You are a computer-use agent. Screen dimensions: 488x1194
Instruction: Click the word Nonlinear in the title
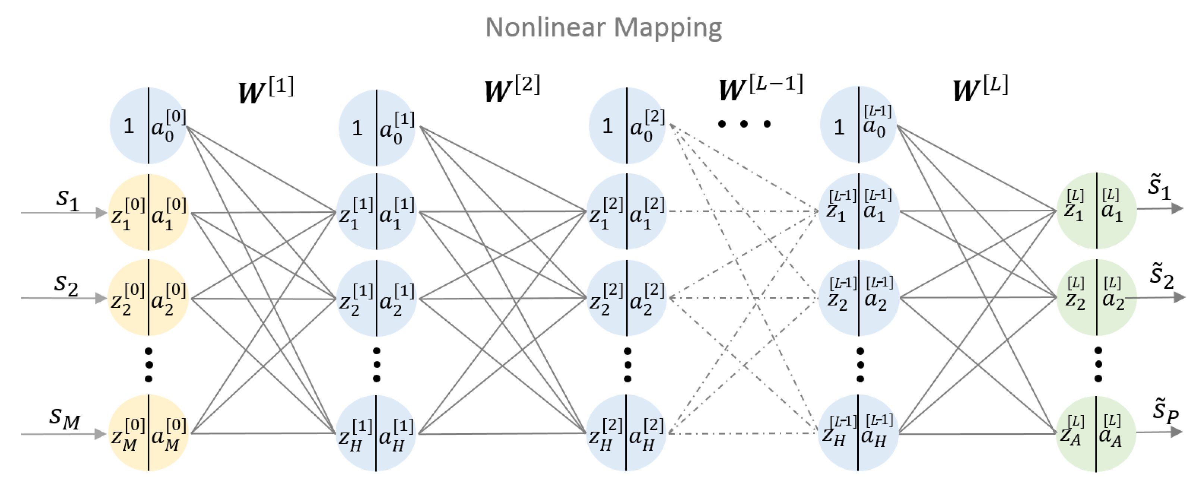point(545,28)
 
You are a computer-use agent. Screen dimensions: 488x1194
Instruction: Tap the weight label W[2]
point(512,89)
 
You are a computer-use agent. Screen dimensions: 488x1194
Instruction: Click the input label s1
point(67,199)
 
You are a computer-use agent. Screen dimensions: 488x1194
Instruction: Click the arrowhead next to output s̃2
point(1179,297)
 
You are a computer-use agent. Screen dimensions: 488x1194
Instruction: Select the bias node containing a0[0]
point(148,126)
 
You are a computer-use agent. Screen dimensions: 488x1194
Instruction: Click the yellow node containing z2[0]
point(148,298)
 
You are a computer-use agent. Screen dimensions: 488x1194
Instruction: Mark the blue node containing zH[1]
point(376,433)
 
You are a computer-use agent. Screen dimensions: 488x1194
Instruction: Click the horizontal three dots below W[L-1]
point(744,124)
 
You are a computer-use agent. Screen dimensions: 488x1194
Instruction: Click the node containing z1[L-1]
point(858,212)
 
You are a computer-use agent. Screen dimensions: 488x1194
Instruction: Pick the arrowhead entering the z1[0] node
point(101,213)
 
